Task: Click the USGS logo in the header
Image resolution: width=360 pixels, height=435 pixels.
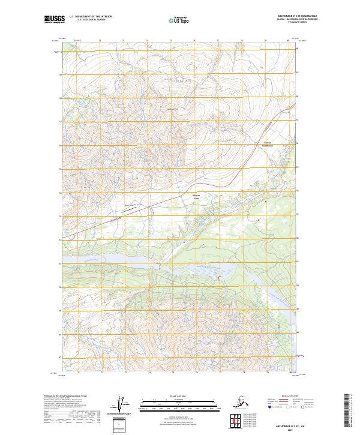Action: click(53, 20)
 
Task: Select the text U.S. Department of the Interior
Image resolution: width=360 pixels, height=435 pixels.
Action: click(90, 18)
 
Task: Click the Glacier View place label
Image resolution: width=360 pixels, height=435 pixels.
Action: click(196, 197)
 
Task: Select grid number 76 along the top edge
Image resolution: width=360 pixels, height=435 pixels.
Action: click(194, 41)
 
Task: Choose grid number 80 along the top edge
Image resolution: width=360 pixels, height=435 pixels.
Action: click(288, 41)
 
